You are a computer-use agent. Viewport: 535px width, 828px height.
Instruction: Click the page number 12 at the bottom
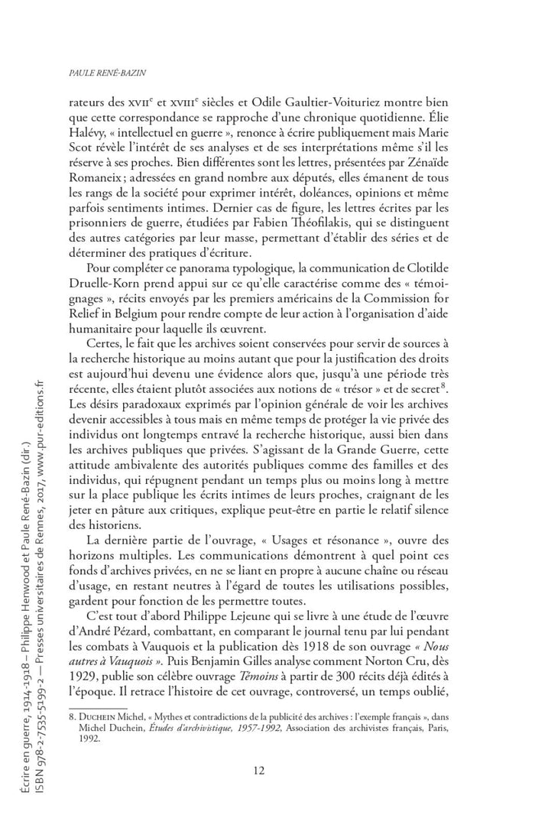pos(258,770)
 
